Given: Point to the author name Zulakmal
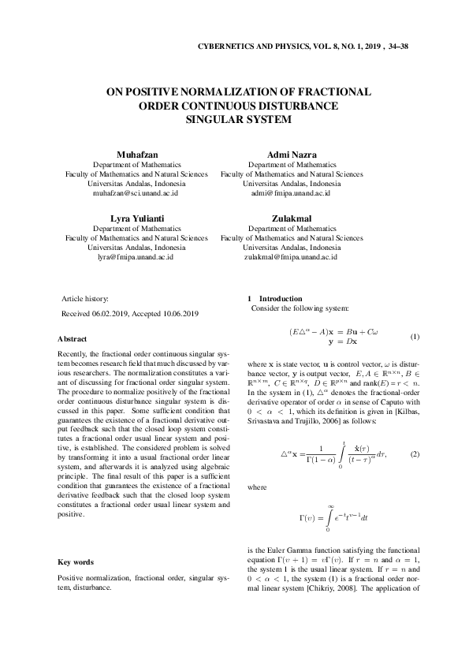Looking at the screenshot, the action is (x=292, y=217).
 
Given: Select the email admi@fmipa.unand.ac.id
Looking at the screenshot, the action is (x=292, y=192).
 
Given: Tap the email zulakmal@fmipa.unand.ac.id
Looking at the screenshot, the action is (x=292, y=256).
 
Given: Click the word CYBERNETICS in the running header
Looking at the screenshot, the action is (x=228, y=46).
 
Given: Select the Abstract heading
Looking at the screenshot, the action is (x=73, y=338).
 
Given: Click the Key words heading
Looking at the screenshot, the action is (x=76, y=562).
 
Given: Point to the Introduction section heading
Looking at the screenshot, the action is (x=280, y=299).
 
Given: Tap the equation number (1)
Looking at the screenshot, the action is (x=415, y=337).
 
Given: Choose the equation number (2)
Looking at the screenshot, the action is (x=415, y=456).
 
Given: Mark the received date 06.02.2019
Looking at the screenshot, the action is (x=117, y=314).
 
